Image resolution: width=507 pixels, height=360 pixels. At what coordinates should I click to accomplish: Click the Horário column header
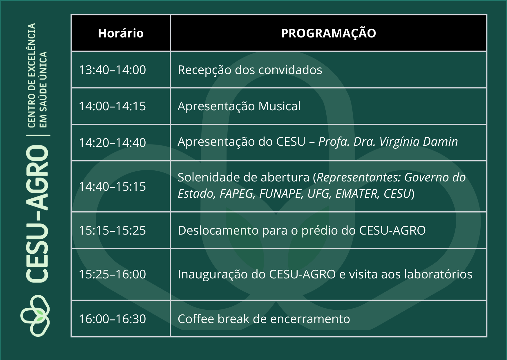(x=121, y=33)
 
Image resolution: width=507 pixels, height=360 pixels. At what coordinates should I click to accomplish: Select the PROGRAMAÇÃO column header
(x=328, y=33)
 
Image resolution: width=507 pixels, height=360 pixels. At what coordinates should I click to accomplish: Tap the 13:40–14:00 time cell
(x=112, y=70)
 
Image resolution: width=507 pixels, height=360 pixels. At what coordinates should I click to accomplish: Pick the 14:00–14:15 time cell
(x=112, y=106)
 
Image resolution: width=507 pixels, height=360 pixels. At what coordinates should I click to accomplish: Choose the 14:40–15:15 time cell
(x=112, y=187)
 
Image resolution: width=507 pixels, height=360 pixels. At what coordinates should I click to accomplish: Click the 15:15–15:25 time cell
(x=112, y=231)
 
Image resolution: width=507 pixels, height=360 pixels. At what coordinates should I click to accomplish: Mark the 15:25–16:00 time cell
(x=112, y=274)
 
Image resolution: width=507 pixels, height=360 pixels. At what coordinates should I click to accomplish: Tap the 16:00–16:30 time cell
(x=112, y=319)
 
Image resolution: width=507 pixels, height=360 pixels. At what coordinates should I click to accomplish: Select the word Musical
(x=279, y=106)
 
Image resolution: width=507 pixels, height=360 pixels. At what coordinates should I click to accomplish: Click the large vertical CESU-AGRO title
(x=37, y=214)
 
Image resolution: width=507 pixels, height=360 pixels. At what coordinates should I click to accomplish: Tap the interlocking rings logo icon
(x=35, y=316)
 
